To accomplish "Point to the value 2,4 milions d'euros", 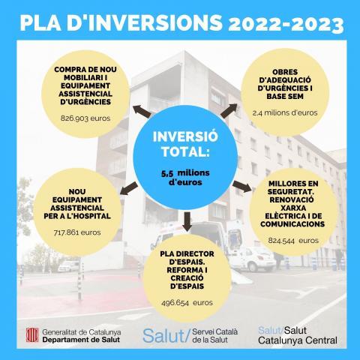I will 284,112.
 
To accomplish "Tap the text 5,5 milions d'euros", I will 181,177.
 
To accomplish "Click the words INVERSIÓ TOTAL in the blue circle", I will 181,145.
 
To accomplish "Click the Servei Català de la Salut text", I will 218,334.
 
